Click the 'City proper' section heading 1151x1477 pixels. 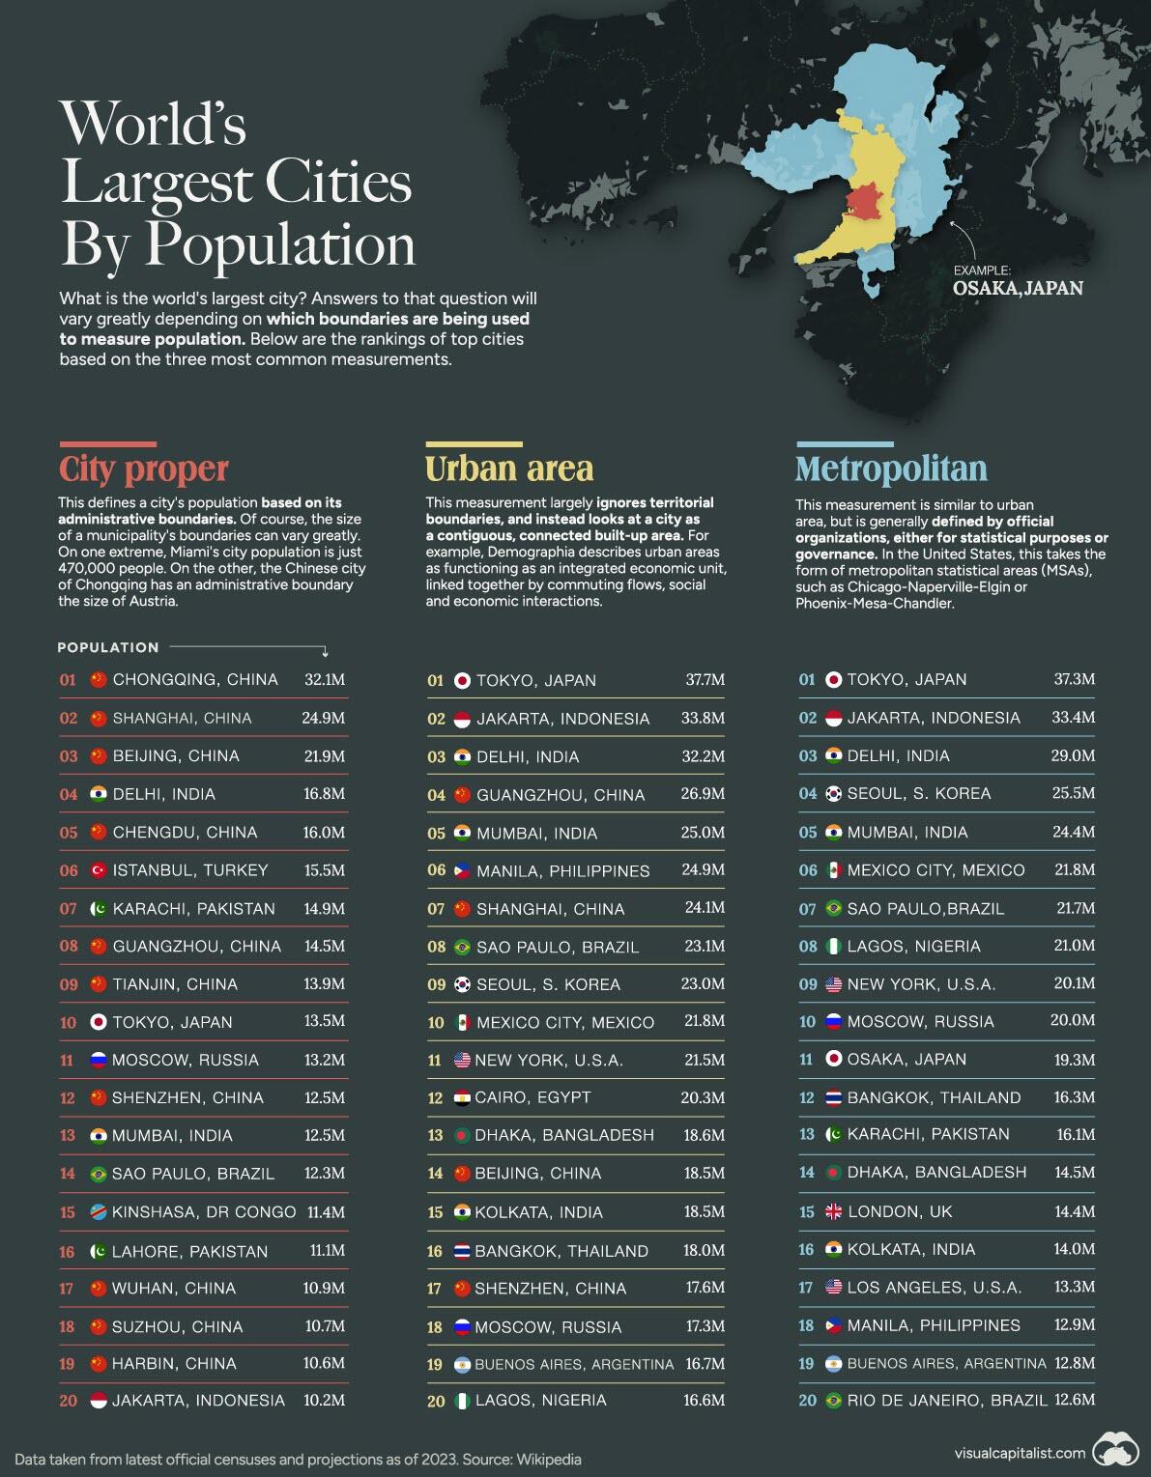(x=143, y=469)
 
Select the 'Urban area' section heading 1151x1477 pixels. (x=508, y=469)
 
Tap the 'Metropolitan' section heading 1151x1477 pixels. (x=891, y=469)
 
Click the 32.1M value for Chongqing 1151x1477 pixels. (x=324, y=680)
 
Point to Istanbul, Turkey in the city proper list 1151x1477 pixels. (x=190, y=870)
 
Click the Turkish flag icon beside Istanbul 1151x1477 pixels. (x=98, y=870)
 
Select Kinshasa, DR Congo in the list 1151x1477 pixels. (x=204, y=1212)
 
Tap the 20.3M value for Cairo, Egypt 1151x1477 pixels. (x=704, y=1097)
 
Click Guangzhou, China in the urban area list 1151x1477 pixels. (x=561, y=795)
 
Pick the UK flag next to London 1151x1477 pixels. (x=834, y=1211)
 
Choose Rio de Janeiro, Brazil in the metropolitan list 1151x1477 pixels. (x=947, y=1401)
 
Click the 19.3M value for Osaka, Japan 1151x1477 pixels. (x=1075, y=1060)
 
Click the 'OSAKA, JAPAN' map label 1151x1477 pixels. (x=1018, y=288)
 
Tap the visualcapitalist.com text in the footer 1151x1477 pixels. (x=1020, y=1453)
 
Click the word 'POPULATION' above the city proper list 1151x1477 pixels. (x=108, y=648)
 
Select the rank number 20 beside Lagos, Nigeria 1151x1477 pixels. (x=436, y=1401)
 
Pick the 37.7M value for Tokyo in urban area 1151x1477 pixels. (x=705, y=680)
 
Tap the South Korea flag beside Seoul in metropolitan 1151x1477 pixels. (x=834, y=794)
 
